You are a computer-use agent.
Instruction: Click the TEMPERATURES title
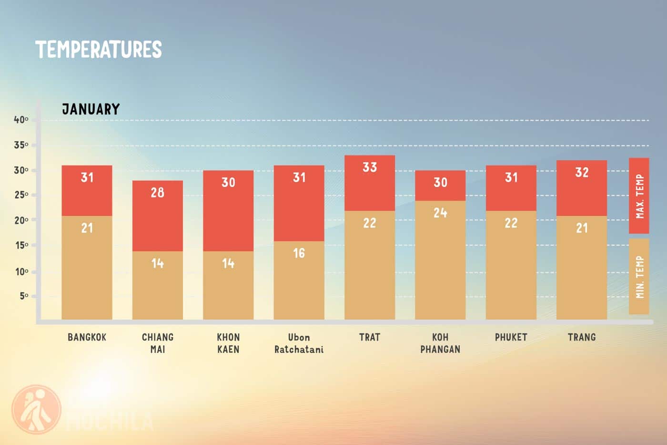click(x=99, y=50)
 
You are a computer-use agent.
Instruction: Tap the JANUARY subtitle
click(x=91, y=109)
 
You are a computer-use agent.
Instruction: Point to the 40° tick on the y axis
click(x=21, y=120)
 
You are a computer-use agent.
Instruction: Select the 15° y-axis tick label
click(x=21, y=245)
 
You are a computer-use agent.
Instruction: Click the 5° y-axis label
click(x=24, y=296)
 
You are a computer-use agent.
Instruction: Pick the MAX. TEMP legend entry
click(x=639, y=196)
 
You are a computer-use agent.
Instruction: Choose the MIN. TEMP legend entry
click(x=639, y=277)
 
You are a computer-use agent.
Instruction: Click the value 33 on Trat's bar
click(x=370, y=167)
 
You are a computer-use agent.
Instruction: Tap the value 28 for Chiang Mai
click(x=157, y=192)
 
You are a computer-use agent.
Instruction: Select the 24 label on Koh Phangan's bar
click(x=440, y=213)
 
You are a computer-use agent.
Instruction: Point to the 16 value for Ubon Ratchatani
click(x=299, y=253)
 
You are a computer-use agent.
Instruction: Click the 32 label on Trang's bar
click(x=582, y=172)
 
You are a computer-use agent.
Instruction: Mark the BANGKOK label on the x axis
click(x=87, y=337)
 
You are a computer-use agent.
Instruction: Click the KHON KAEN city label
click(x=228, y=343)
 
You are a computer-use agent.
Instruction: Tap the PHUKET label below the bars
click(x=511, y=337)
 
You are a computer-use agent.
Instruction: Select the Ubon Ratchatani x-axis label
click(x=299, y=343)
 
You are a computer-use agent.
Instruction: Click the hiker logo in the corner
click(x=36, y=409)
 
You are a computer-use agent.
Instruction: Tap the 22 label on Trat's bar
click(x=370, y=223)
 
